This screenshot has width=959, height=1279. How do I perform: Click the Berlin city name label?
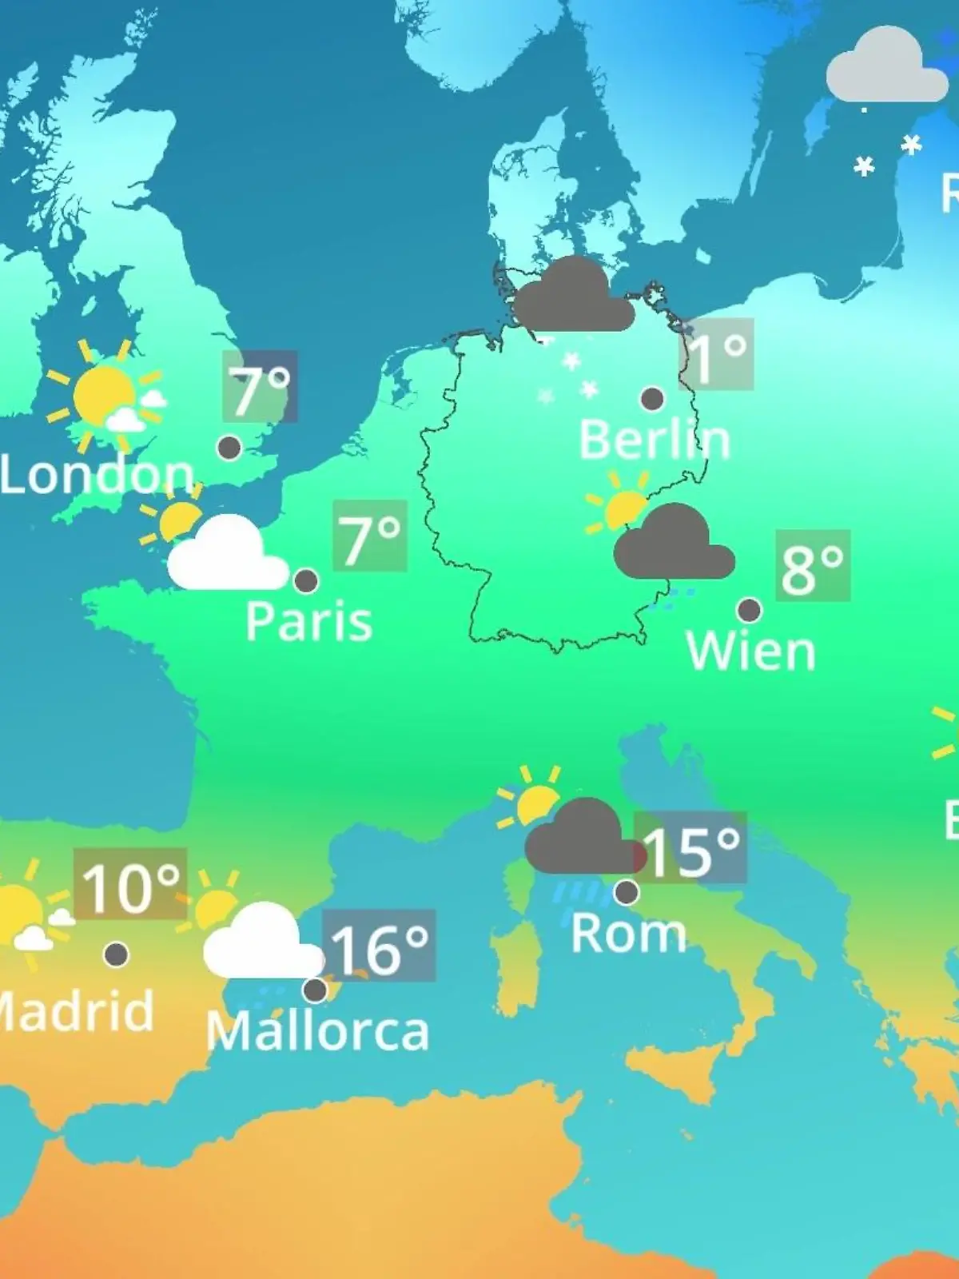(x=655, y=440)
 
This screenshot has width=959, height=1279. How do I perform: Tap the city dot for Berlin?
(x=652, y=398)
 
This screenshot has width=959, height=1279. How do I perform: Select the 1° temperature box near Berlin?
(x=717, y=354)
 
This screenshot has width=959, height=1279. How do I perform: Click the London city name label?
(x=97, y=475)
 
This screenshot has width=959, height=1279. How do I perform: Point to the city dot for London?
(x=229, y=448)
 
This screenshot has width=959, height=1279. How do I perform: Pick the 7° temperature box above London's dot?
(x=260, y=387)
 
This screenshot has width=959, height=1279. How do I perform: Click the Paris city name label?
(x=308, y=621)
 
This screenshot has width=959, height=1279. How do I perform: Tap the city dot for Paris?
(x=306, y=580)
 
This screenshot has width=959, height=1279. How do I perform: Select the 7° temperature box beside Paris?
(x=370, y=536)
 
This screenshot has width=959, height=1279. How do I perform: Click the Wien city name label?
(x=750, y=651)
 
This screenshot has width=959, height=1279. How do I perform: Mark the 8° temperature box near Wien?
(x=813, y=566)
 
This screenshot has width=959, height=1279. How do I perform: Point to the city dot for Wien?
(x=749, y=610)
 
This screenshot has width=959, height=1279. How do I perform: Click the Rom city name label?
(x=628, y=933)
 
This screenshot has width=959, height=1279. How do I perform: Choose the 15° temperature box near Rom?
(x=690, y=848)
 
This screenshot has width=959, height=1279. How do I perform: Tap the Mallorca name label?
(x=317, y=1030)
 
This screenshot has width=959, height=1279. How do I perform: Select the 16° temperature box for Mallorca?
(x=380, y=946)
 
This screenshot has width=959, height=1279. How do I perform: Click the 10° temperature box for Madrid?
(x=130, y=883)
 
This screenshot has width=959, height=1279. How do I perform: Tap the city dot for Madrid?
(x=116, y=954)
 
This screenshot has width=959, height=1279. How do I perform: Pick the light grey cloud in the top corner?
(x=885, y=68)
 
